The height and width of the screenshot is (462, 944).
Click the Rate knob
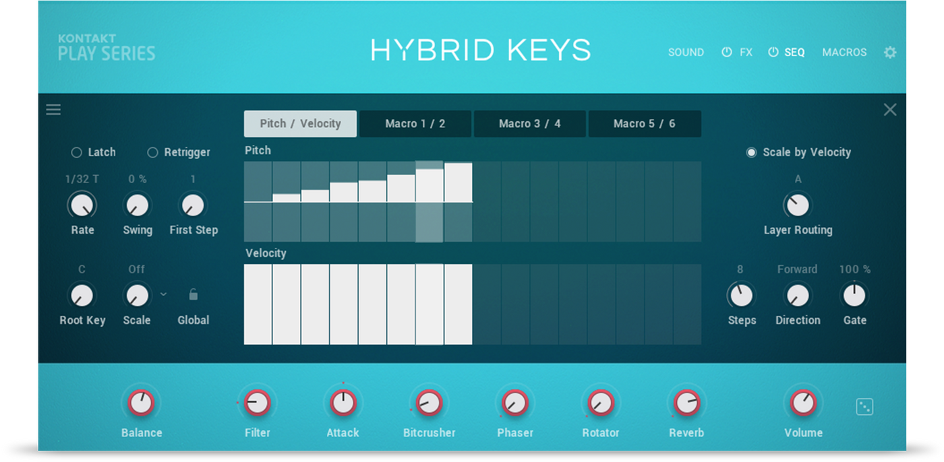coord(82,205)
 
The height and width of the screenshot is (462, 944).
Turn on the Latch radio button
coord(76,152)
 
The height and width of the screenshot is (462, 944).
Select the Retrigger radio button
coord(152,152)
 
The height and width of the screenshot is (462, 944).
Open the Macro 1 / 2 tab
coord(415,124)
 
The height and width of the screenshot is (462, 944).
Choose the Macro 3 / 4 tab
coord(530,124)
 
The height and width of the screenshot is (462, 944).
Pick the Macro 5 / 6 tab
coord(645,124)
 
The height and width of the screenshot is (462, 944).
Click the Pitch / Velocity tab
coord(300,124)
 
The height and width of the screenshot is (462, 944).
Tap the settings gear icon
coord(889,52)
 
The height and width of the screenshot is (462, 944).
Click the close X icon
coord(889,110)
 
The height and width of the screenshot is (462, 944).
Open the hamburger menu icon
coord(53,110)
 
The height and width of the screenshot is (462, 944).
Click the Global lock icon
coord(193,294)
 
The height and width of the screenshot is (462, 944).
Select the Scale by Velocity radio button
coord(751,152)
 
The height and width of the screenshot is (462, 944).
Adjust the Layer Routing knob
coord(798,205)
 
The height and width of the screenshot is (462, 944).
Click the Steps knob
coord(741,296)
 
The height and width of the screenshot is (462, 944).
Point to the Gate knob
coord(854,296)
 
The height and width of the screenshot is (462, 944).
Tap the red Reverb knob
coord(686,403)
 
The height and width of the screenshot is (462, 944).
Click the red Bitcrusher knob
coord(429,403)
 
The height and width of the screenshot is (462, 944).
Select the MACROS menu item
coord(844,52)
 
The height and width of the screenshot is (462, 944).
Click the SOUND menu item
coord(686,52)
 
